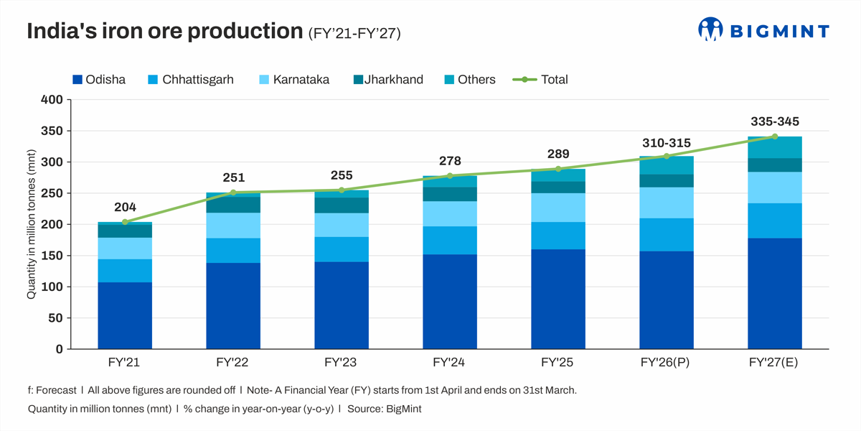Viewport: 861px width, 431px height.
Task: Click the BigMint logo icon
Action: pyautogui.click(x=710, y=29)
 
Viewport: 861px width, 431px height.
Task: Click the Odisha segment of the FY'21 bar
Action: pyautogui.click(x=125, y=315)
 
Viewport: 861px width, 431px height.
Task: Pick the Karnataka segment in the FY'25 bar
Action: pyautogui.click(x=557, y=208)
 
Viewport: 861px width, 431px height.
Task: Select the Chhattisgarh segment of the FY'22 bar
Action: pyautogui.click(x=233, y=251)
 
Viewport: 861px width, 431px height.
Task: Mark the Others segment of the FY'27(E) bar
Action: pyautogui.click(x=774, y=147)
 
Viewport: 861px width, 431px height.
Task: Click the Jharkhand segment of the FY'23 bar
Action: pyautogui.click(x=342, y=205)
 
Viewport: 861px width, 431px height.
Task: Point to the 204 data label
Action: pyautogui.click(x=125, y=208)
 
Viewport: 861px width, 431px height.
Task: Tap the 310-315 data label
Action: pyautogui.click(x=667, y=143)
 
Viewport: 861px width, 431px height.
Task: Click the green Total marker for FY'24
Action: pyautogui.click(x=450, y=176)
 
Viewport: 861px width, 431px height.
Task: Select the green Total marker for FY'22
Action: pyautogui.click(x=233, y=193)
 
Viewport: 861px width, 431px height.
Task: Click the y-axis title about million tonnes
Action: pyautogui.click(x=32, y=224)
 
